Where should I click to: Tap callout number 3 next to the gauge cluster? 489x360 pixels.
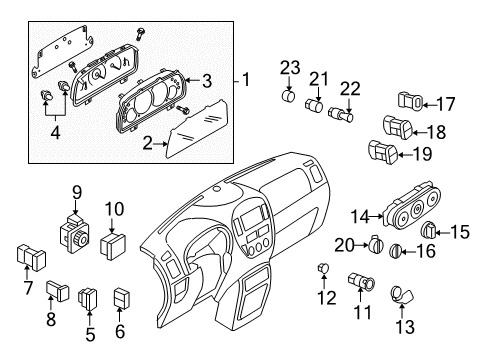click(x=206, y=80)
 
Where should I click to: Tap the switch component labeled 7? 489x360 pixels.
click(x=25, y=257)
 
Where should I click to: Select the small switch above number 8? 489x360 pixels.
click(x=55, y=291)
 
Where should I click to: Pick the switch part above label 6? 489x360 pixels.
click(x=123, y=298)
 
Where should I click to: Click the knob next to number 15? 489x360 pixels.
click(x=429, y=231)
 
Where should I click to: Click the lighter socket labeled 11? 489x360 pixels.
click(x=361, y=284)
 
